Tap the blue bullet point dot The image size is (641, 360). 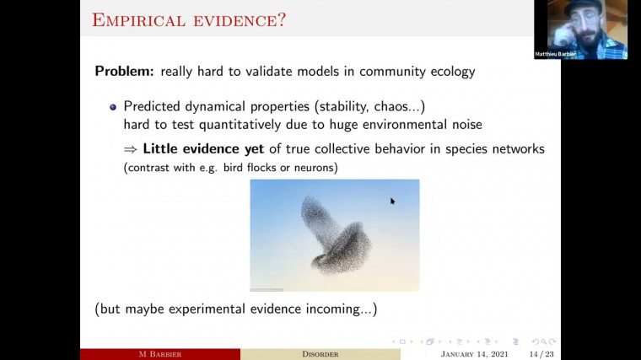click(x=113, y=107)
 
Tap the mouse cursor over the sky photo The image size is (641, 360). click(x=392, y=201)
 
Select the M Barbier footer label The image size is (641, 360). click(x=159, y=353)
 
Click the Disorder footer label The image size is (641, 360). click(x=320, y=353)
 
